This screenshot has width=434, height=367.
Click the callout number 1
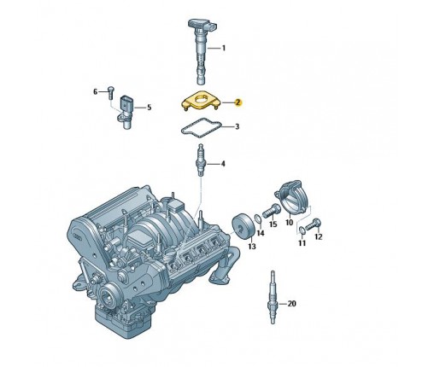pos(224,48)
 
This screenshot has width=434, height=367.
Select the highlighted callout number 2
pos(238,102)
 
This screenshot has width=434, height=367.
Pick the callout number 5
pos(149,108)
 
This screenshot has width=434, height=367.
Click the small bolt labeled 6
pos(111,91)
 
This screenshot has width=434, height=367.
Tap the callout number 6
pos(96,91)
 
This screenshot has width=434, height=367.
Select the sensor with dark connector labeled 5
pos(126,112)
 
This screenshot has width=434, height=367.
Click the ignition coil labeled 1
pos(202,50)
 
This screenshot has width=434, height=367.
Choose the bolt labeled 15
pos(270,211)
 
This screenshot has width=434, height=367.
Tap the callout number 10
pos(289,222)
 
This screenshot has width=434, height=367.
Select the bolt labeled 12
pos(313,224)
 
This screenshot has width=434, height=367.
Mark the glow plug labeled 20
pos(273,297)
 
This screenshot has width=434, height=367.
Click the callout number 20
pos(291,304)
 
